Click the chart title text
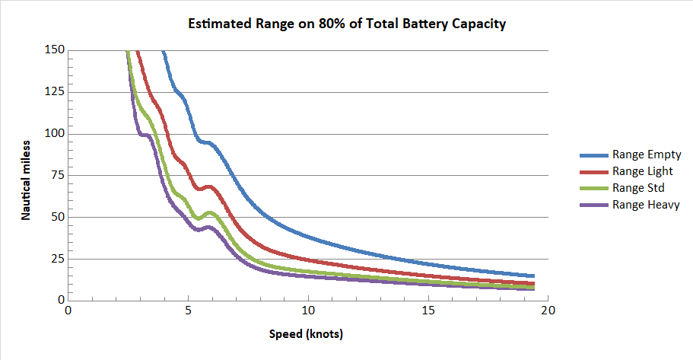(x=347, y=24)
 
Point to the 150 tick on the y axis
(x=55, y=50)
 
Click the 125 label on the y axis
(x=55, y=92)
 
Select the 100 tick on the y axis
(x=55, y=134)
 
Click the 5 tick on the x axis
(x=188, y=310)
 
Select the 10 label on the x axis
(x=308, y=310)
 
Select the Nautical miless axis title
(x=25, y=180)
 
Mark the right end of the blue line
(x=534, y=276)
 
